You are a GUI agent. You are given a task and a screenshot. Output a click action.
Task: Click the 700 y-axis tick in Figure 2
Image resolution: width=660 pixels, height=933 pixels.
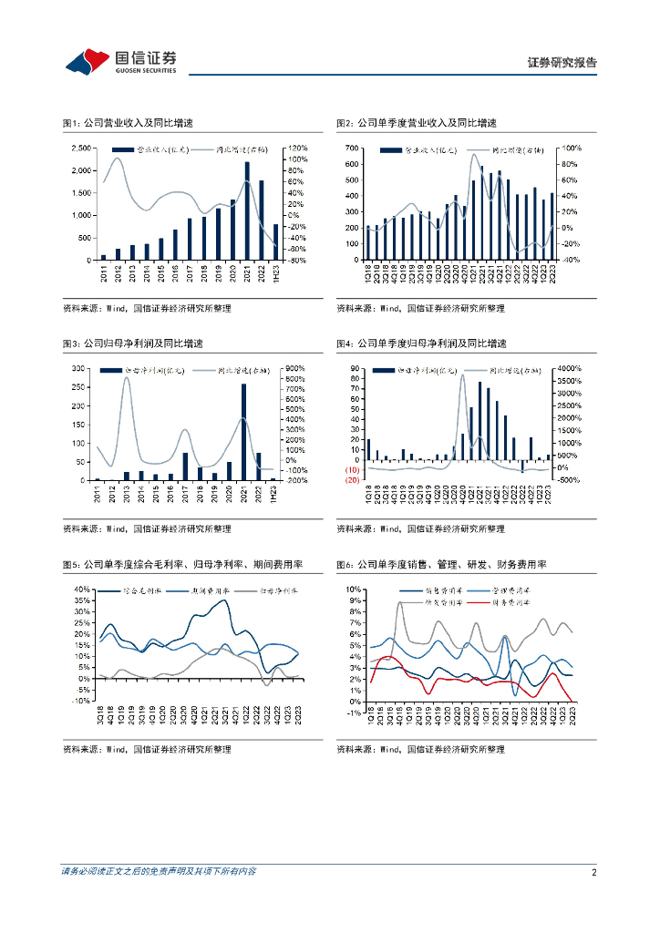[x=353, y=149]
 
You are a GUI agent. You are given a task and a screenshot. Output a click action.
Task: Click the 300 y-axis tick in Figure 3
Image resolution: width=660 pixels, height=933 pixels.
[x=79, y=368]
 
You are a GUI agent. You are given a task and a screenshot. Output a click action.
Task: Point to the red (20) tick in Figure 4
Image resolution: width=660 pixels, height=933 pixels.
[x=350, y=479]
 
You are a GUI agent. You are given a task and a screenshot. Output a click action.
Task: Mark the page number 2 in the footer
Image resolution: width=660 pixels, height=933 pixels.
[x=593, y=872]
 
